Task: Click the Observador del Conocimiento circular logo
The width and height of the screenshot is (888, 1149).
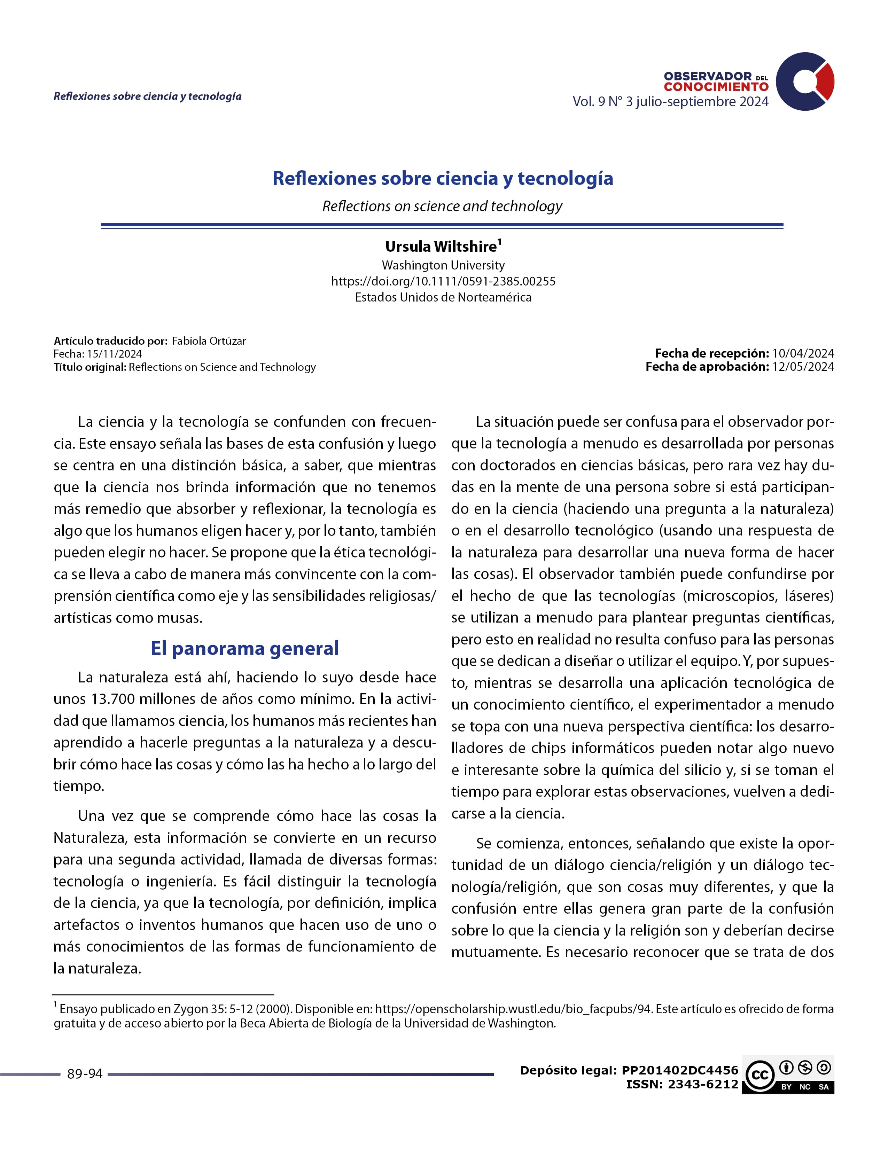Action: tap(804, 81)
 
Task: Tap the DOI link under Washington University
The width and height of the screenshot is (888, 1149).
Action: tap(443, 281)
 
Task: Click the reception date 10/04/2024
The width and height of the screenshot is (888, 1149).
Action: tap(803, 353)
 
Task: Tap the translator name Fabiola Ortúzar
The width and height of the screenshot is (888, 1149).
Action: tap(209, 341)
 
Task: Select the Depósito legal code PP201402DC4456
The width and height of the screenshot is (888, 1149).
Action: tap(680, 1070)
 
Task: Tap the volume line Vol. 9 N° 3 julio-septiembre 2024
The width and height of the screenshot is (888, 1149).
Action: tap(670, 102)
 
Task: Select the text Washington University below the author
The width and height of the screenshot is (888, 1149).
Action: tap(443, 265)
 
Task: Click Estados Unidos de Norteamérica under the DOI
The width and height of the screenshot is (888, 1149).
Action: tap(443, 298)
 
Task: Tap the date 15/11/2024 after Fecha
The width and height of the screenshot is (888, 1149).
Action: tap(115, 354)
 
